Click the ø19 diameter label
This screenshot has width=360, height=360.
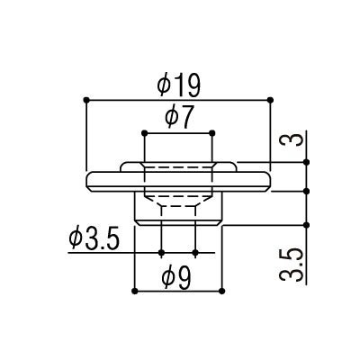178,85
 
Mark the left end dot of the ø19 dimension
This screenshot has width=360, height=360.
85,97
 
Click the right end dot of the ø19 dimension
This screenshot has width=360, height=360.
272,97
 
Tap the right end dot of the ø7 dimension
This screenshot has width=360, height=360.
213,130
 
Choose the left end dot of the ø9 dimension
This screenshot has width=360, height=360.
133,290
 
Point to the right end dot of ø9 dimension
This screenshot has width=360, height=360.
221,290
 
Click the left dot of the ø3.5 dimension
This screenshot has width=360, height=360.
160,253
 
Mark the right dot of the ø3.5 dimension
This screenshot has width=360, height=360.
194,253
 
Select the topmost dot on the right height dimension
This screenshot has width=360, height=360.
309,162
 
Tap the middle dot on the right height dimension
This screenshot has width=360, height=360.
309,191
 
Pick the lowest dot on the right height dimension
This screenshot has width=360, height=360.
309,225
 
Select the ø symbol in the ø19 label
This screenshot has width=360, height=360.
165,85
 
